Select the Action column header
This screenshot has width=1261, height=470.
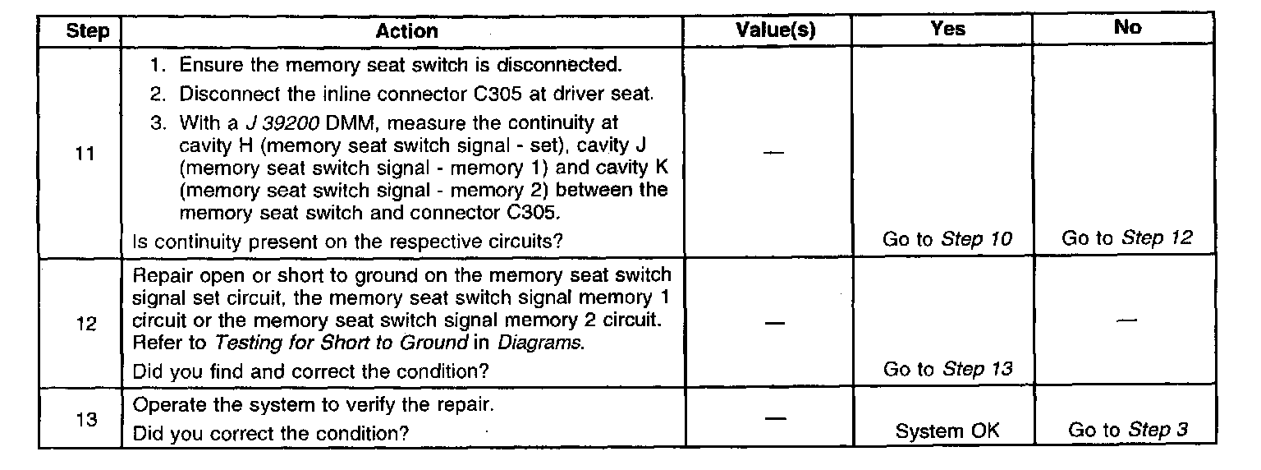pyautogui.click(x=406, y=31)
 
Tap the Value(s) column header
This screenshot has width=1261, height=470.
pyautogui.click(x=776, y=29)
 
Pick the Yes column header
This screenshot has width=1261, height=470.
pyautogui.click(x=948, y=28)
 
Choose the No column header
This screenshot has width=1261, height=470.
pyautogui.click(x=1127, y=27)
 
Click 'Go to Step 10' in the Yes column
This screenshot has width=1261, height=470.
pyautogui.click(x=947, y=239)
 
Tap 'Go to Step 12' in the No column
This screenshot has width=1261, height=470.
pyautogui.click(x=1126, y=239)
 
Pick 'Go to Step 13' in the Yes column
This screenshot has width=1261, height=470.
pyautogui.click(x=947, y=370)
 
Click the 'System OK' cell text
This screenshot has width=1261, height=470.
pyautogui.click(x=947, y=431)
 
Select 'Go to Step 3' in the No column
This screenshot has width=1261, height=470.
pyautogui.click(x=1128, y=430)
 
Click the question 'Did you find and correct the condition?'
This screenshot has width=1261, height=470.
pyautogui.click(x=311, y=371)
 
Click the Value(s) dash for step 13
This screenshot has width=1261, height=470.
pyautogui.click(x=775, y=419)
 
